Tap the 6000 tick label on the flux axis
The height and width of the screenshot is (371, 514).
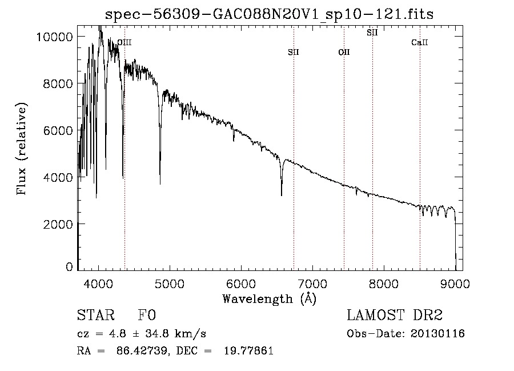(x=57, y=130)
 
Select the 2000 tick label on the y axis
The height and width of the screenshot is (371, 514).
(x=57, y=224)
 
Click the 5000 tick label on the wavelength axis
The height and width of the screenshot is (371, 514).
(x=169, y=283)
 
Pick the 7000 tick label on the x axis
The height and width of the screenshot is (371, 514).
(x=312, y=283)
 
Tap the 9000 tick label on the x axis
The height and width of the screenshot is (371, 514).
(x=455, y=283)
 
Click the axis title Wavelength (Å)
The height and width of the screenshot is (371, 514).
(x=270, y=298)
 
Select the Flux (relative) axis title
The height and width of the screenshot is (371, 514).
(x=22, y=149)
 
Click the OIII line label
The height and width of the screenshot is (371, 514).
(x=124, y=42)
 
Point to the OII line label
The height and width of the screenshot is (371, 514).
(x=344, y=53)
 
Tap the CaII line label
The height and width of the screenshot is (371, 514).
(x=420, y=43)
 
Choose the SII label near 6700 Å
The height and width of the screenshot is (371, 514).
(x=294, y=53)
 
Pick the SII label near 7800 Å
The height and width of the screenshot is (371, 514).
(x=372, y=33)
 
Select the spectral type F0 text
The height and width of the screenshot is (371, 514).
(x=147, y=316)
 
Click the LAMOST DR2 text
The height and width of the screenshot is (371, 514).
(x=395, y=316)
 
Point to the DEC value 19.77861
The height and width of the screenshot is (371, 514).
(x=249, y=351)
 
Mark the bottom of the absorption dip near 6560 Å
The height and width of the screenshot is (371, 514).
(x=282, y=196)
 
